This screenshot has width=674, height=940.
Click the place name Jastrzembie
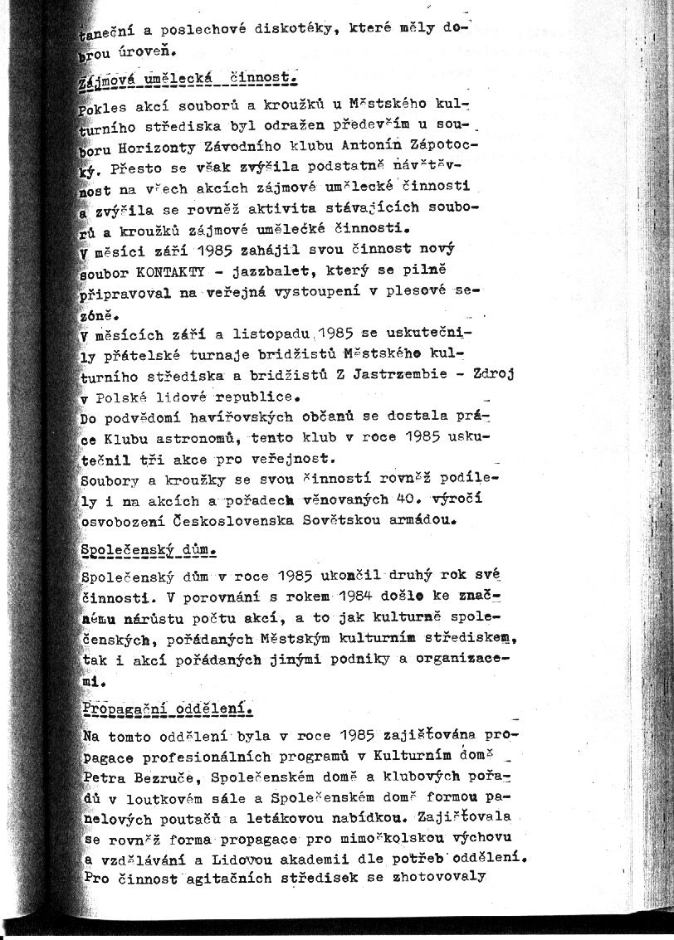398,375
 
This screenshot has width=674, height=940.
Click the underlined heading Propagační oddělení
167,709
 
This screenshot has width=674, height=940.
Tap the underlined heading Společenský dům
149,550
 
